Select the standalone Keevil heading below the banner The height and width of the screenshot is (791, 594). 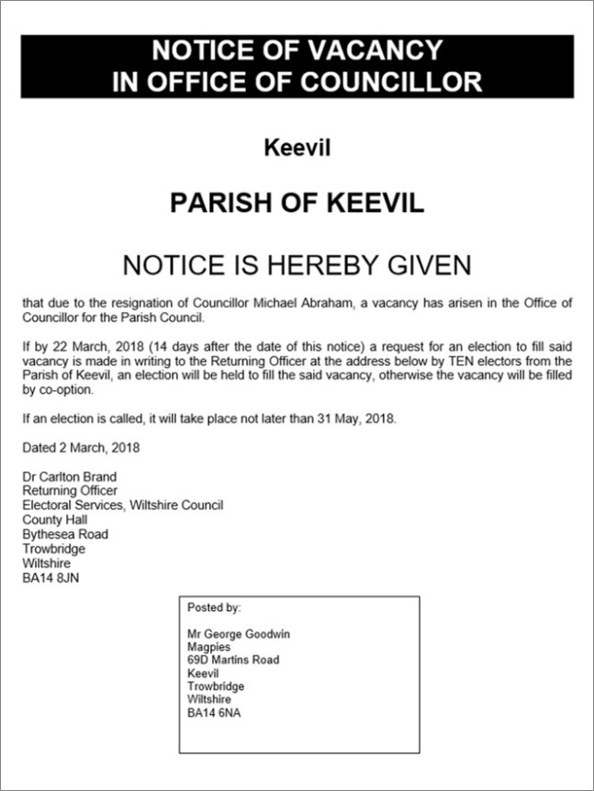coord(297,147)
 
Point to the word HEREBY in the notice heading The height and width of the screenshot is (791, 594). coord(319,265)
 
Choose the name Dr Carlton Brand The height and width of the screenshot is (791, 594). coord(70,476)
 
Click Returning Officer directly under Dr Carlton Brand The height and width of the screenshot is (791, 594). coord(70,491)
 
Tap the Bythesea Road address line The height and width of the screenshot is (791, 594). coord(65,534)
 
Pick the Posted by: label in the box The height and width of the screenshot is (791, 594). coord(214,607)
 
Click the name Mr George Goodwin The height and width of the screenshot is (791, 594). coord(240,634)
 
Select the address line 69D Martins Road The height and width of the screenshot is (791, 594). coord(233,660)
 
